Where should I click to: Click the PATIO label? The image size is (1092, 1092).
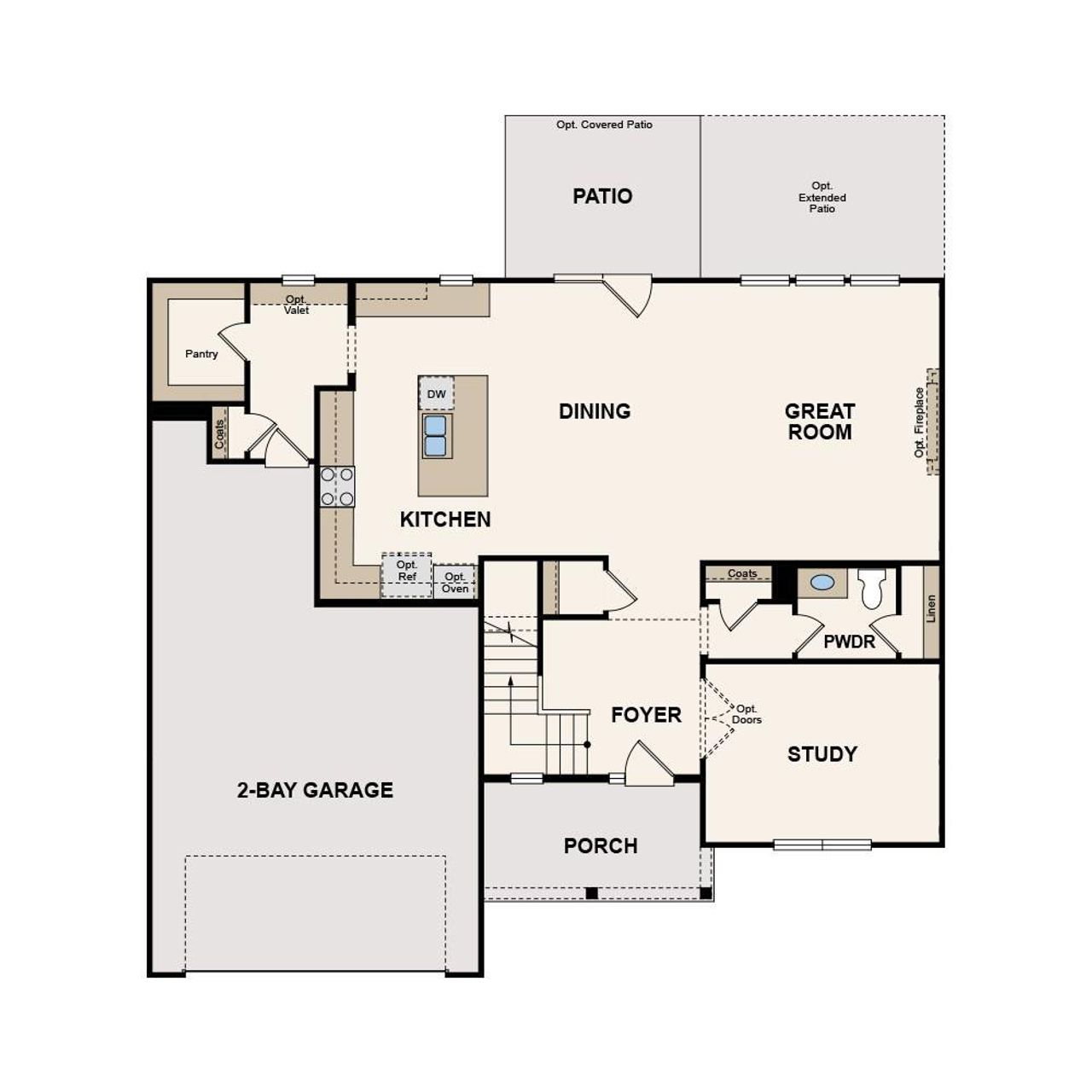pos(602,196)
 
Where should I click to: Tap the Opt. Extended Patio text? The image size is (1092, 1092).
pos(822,197)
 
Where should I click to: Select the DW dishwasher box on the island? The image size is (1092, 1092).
pos(436,394)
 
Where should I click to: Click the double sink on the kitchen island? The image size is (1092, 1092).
pos(436,435)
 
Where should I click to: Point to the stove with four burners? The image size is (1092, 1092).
pos(337,487)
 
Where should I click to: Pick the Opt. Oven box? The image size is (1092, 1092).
pos(455,583)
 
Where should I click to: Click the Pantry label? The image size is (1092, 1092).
pos(201,354)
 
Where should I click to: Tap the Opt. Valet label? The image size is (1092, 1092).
pos(297,305)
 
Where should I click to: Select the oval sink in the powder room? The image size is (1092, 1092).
pos(822,582)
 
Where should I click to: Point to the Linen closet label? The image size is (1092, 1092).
pos(931,609)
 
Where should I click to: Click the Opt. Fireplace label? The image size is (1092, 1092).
pos(920,422)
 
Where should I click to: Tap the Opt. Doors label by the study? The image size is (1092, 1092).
pos(746,714)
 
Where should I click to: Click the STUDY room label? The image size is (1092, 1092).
pos(822,754)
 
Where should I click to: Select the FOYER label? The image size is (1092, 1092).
pos(646,715)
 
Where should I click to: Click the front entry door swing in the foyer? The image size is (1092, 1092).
pos(647,764)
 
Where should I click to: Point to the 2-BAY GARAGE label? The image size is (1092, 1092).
pos(315,790)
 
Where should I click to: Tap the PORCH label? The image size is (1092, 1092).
pos(601,846)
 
